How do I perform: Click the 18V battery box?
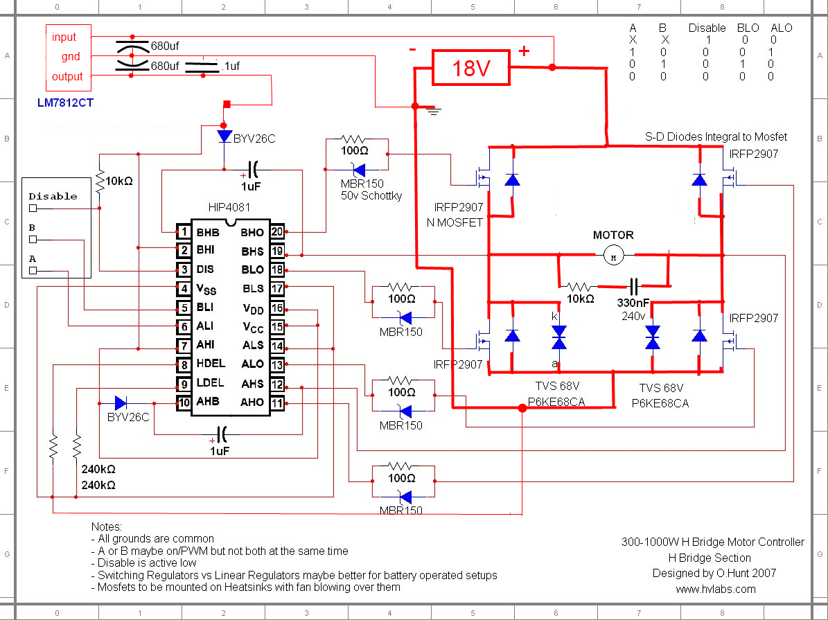tap(471, 68)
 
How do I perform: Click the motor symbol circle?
tap(614, 257)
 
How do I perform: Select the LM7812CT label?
tap(66, 103)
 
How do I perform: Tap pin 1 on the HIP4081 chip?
tap(184, 232)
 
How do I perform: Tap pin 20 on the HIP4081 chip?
tap(277, 231)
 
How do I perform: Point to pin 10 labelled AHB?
tap(184, 403)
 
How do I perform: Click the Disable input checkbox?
tap(33, 208)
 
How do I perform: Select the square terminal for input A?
tap(33, 270)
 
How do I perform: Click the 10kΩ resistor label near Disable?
tap(119, 181)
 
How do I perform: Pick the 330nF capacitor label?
tap(633, 303)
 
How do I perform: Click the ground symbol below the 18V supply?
tap(434, 111)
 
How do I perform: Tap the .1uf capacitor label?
tap(231, 66)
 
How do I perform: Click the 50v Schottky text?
tap(371, 196)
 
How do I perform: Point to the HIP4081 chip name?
tap(229, 208)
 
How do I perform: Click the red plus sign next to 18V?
tap(524, 51)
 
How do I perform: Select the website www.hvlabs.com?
tap(716, 590)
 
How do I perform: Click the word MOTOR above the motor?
tap(613, 235)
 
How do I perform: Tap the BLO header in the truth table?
tap(748, 28)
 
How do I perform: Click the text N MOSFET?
tap(455, 223)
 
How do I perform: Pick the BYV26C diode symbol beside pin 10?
tap(121, 403)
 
